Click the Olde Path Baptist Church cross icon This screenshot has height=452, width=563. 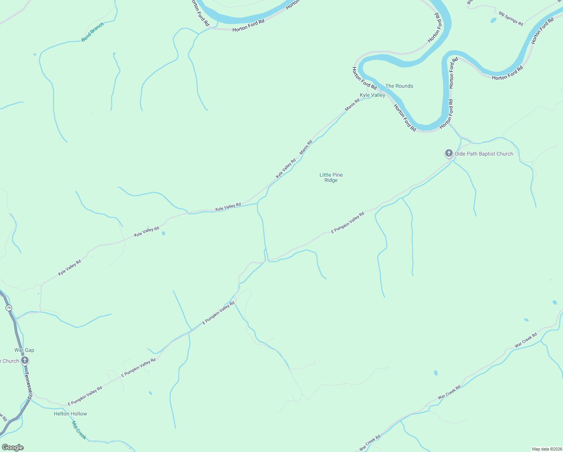pyautogui.click(x=449, y=153)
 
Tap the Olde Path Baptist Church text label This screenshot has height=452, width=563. pyautogui.click(x=484, y=154)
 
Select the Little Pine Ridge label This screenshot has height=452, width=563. pyautogui.click(x=331, y=177)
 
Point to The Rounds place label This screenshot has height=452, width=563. pyautogui.click(x=399, y=86)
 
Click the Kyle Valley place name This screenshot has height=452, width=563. pyautogui.click(x=372, y=95)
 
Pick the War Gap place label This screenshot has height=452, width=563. pyautogui.click(x=24, y=350)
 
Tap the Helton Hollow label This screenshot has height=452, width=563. pyautogui.click(x=70, y=414)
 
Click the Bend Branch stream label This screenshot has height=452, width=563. pyautogui.click(x=93, y=32)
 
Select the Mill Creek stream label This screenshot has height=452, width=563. pyautogui.click(x=79, y=430)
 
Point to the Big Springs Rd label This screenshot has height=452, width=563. pyautogui.click(x=511, y=18)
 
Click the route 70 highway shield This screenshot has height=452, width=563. pyautogui.click(x=9, y=308)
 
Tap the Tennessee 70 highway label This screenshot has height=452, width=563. pyautogui.click(x=29, y=386)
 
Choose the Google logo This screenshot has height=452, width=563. pyautogui.click(x=12, y=447)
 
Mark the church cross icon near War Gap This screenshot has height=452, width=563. pyautogui.click(x=25, y=360)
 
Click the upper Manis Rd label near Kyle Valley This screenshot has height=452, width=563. pyautogui.click(x=352, y=105)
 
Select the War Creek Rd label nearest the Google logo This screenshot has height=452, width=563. pyautogui.click(x=370, y=443)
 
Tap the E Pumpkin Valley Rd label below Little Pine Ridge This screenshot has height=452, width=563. pyautogui.click(x=348, y=223)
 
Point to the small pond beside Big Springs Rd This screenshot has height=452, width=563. pyautogui.click(x=493, y=20)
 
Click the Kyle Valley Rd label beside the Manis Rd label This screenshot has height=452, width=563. pyautogui.click(x=286, y=168)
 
